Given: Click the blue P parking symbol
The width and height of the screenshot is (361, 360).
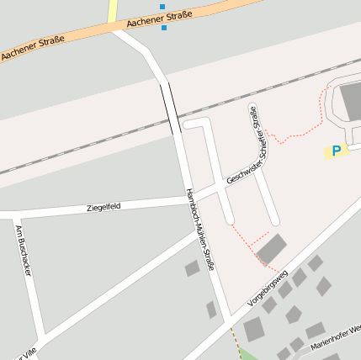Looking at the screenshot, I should (337, 151).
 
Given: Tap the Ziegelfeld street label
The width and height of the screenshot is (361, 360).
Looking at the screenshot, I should (104, 207).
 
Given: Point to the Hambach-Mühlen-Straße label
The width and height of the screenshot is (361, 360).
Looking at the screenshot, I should (201, 229).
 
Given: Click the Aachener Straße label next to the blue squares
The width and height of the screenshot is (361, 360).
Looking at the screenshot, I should (160, 19).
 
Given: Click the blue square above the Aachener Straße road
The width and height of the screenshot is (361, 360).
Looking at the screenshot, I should (162, 7).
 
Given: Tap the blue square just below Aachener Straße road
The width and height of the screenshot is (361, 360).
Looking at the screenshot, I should (163, 28).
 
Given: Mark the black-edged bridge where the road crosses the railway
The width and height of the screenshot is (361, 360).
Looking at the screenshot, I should (170, 108).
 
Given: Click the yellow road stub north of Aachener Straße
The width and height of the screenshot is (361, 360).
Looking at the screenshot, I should (113, 10).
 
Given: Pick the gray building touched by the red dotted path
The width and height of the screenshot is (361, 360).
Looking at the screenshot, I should (271, 250).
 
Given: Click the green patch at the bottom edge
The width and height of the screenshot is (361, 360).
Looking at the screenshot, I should (249, 355).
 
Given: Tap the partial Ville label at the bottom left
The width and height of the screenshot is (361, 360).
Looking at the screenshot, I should (25, 354).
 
